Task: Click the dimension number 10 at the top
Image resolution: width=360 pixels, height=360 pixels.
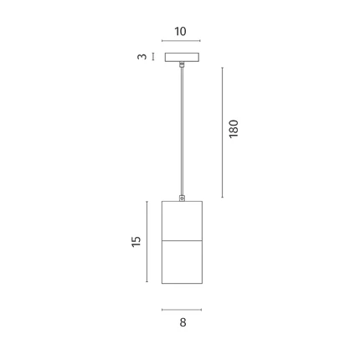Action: [x=180, y=32]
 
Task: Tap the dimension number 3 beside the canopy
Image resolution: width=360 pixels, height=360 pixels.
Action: [x=142, y=56]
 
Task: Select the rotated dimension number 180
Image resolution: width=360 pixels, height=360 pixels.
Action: [x=234, y=129]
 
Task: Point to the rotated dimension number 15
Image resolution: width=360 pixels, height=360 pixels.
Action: [x=136, y=241]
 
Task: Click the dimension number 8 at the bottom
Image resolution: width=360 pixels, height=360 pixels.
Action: [x=183, y=322]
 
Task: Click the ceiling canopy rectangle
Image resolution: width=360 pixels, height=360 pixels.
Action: [x=182, y=57]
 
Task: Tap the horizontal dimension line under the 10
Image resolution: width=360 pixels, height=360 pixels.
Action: [x=181, y=41]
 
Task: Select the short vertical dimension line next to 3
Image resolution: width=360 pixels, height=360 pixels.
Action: [x=152, y=57]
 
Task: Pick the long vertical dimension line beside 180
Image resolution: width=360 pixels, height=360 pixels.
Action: [x=223, y=132]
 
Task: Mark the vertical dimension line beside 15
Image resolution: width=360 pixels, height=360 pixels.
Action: [x=147, y=242]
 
